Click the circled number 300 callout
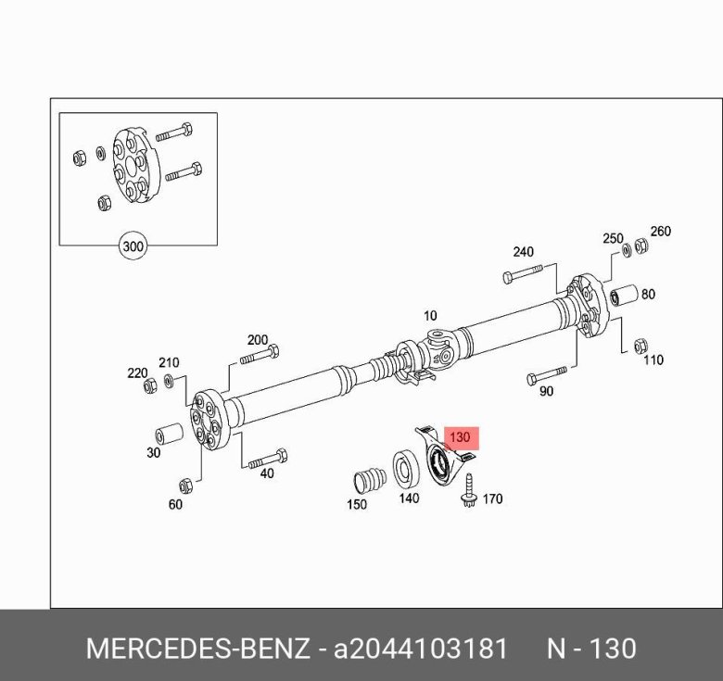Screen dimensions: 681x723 134,247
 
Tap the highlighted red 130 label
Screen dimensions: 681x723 460,437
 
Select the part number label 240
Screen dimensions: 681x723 524,251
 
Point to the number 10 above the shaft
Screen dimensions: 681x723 429,314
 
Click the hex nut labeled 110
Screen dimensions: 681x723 639,346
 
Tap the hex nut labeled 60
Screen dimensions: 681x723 184,485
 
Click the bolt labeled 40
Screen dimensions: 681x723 268,458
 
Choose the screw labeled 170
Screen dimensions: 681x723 471,490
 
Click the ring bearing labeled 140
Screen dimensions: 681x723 407,468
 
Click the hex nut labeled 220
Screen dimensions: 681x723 150,385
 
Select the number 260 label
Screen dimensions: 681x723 660,232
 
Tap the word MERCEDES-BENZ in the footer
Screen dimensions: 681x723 197,648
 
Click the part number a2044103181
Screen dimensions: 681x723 421,648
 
